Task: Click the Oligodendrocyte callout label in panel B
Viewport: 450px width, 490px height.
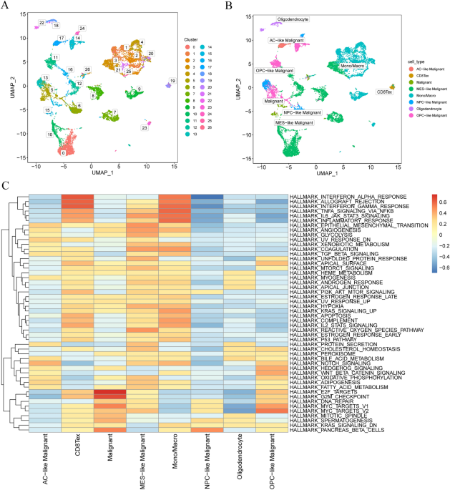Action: coord(293,20)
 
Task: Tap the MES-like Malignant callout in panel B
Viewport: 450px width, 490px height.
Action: coord(295,123)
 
